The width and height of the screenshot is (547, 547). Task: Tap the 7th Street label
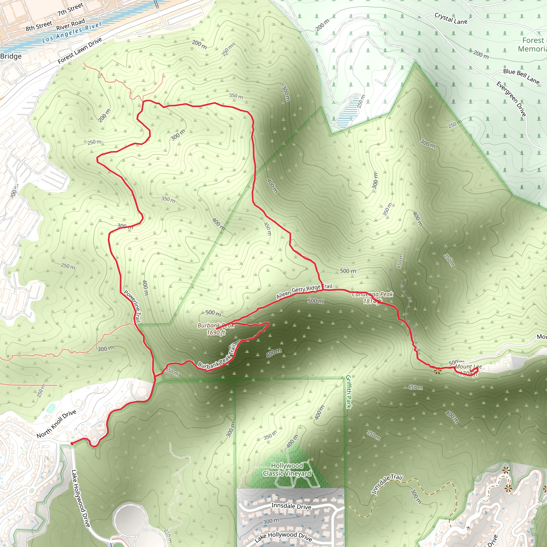point(70,9)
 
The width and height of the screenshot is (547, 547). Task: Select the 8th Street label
point(39,26)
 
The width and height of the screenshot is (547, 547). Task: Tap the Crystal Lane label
point(451,19)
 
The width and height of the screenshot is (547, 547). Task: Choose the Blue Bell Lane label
point(521,76)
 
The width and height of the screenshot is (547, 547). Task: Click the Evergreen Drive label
point(511,99)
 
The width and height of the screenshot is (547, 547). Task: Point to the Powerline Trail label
point(132,306)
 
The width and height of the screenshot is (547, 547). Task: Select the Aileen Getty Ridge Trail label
point(304,291)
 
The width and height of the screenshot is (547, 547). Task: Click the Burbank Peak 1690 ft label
point(216,329)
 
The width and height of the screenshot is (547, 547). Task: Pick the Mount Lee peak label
point(468,369)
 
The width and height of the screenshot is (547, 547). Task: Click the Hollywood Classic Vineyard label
point(287,470)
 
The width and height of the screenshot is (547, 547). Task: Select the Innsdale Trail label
point(387,484)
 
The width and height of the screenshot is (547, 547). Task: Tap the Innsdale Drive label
point(291,506)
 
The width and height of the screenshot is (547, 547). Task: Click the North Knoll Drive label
point(56,424)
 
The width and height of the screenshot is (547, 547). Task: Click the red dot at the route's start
point(72,444)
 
